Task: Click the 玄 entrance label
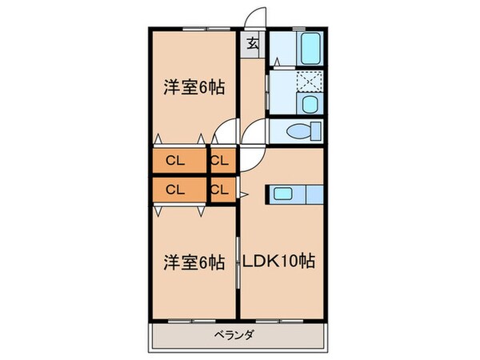(x=252, y=45)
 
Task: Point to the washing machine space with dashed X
(x=310, y=82)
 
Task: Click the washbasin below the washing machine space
(x=309, y=104)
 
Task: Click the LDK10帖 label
(x=279, y=262)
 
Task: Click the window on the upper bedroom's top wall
(x=195, y=30)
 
